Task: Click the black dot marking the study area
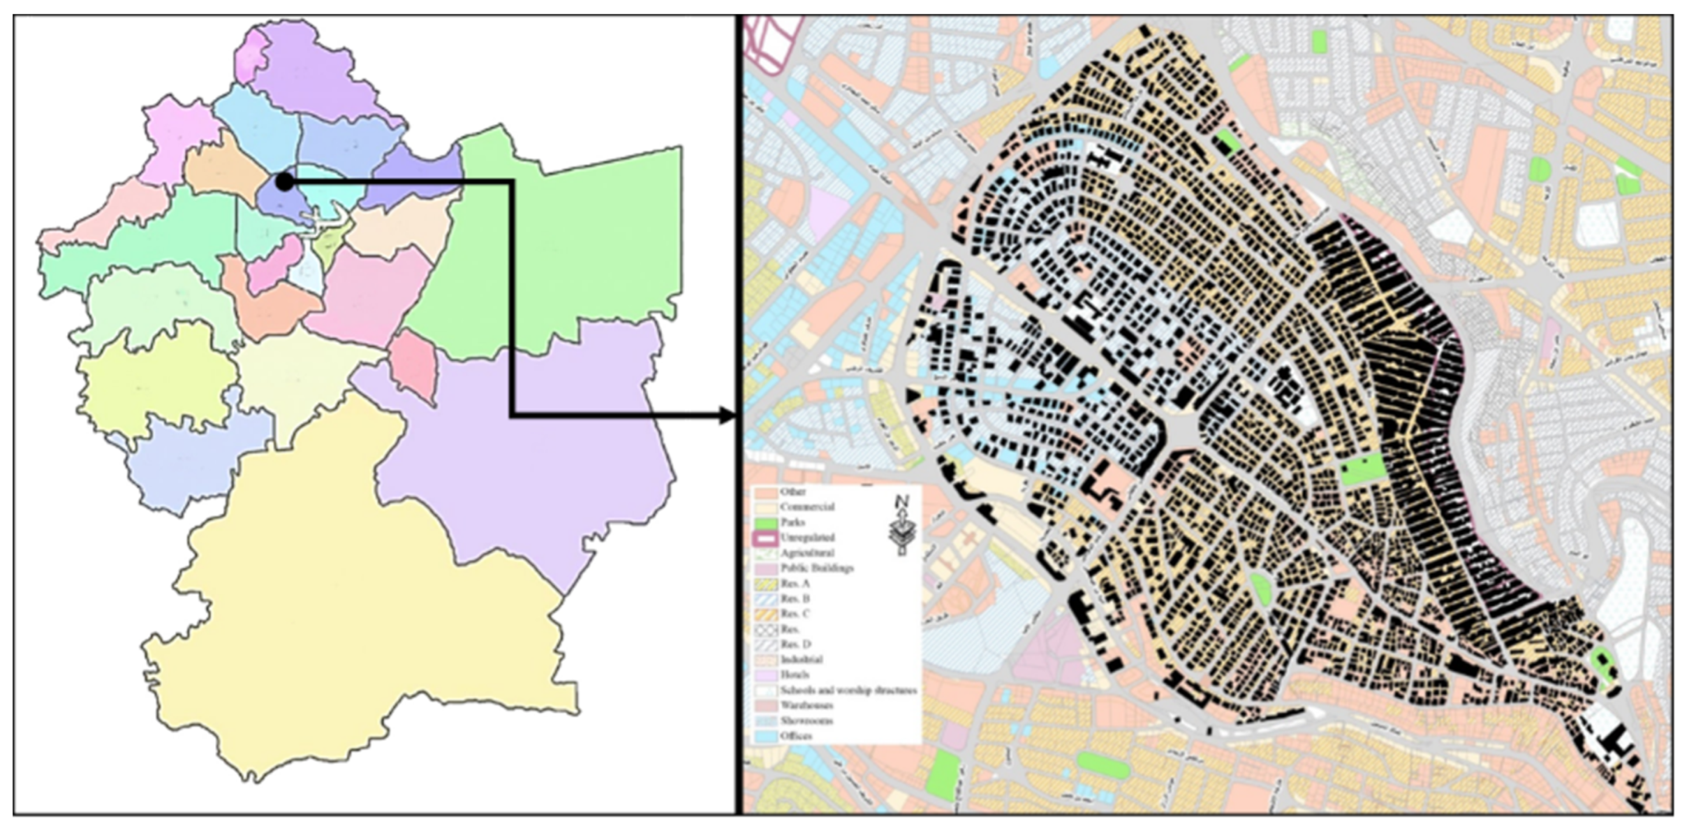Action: point(284,182)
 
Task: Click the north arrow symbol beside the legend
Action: point(902,526)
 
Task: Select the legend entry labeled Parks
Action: point(792,523)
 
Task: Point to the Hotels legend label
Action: point(795,675)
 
